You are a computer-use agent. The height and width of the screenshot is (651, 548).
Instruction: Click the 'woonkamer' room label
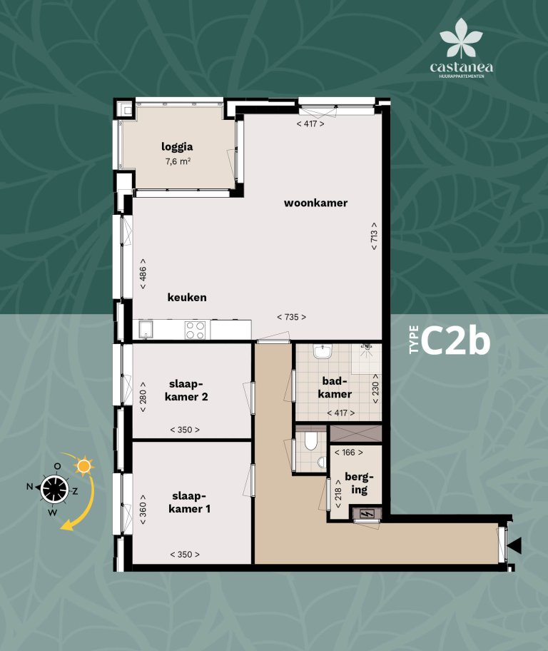[x=315, y=203]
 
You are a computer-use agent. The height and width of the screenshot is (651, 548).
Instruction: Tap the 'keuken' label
[x=187, y=297]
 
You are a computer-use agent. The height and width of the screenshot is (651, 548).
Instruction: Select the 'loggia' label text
[x=178, y=148]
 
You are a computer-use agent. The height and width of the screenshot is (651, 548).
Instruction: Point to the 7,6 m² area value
[x=178, y=162]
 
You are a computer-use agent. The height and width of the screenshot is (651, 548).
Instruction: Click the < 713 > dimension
[x=374, y=236]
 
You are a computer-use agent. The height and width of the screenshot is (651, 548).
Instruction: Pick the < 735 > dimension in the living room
[x=291, y=316]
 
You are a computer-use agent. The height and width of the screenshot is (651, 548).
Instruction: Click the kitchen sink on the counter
[x=147, y=330]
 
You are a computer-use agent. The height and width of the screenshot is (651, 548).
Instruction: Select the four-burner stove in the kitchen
[x=196, y=330]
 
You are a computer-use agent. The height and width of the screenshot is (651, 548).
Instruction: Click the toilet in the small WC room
[x=310, y=443]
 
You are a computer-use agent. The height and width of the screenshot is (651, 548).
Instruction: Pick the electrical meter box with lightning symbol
[x=367, y=513]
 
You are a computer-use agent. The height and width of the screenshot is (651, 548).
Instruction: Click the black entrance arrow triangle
[x=515, y=546]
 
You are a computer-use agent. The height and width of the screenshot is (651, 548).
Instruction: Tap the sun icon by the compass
[x=85, y=466]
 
